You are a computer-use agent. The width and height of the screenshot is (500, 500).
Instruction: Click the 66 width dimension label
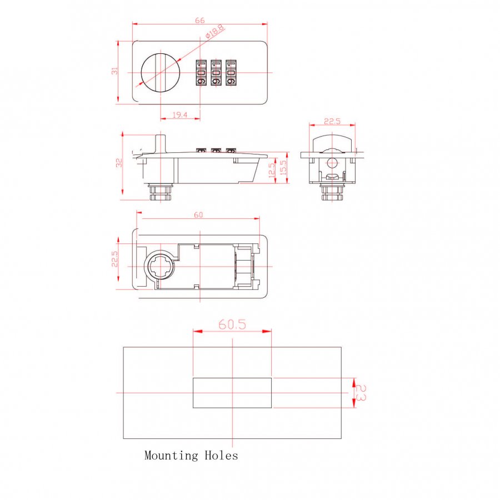pos(199,21)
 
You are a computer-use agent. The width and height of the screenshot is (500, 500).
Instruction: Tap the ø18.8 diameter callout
pos(214,32)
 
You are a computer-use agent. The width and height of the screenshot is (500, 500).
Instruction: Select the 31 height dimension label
pos(114,71)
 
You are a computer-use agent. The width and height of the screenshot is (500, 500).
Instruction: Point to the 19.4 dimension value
pos(180,115)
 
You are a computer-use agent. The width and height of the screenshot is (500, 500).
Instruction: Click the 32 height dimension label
pos(119,163)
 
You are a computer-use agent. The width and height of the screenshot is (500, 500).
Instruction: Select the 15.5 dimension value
pos(283,167)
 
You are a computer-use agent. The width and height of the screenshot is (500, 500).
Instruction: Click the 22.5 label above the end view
pos(332,121)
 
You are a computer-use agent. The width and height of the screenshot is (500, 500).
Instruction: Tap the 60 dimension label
pos(198,215)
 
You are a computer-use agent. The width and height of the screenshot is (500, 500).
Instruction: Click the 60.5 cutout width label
pos(232,324)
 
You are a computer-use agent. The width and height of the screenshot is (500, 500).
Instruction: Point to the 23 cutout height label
pos(361,393)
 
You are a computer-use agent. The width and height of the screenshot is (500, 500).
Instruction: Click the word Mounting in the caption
pos(171,456)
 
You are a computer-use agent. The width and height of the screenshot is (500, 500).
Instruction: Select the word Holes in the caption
pos(221,455)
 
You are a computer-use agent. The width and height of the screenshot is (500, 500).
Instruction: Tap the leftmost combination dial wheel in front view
pos(201,73)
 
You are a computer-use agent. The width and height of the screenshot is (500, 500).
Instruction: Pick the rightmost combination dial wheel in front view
pos(231,73)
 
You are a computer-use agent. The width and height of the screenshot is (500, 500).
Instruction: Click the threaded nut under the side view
pos(161,192)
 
